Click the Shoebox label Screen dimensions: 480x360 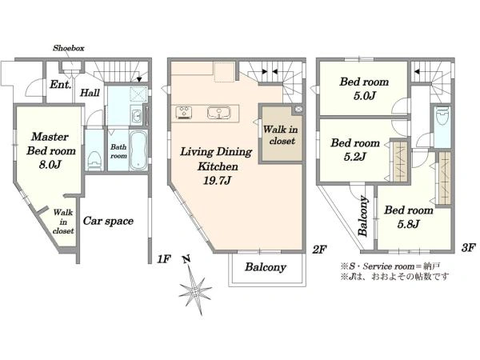[x=69, y=48]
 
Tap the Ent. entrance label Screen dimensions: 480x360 [x=60, y=84]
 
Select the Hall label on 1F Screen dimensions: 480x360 [x=90, y=93]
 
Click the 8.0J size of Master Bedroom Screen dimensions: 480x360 [x=50, y=165]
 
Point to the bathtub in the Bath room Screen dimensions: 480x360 [x=138, y=150]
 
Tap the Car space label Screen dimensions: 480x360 [x=108, y=221]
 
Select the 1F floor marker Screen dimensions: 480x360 [x=163, y=259]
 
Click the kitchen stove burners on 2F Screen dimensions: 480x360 [x=184, y=112]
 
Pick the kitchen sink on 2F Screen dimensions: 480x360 [x=219, y=112]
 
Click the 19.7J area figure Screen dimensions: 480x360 [x=217, y=181]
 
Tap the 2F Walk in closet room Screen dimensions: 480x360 [x=281, y=135]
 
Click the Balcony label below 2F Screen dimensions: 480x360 [x=266, y=267]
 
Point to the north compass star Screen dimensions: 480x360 [x=194, y=288]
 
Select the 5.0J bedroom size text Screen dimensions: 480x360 [x=364, y=96]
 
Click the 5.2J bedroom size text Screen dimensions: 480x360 [x=354, y=157]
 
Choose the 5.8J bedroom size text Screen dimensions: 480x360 [x=408, y=224]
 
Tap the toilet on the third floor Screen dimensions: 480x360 [x=442, y=116]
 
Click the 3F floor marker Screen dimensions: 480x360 [x=468, y=247]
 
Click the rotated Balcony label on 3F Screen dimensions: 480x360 [x=363, y=216]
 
